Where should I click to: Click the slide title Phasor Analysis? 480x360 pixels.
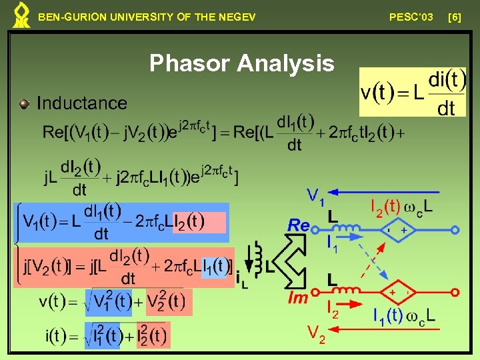pos(241,63)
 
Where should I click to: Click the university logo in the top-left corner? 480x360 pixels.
pos(21,15)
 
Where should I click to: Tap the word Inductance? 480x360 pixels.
pos(81,103)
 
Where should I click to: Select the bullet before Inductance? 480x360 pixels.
pos(25,103)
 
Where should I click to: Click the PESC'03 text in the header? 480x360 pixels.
pos(411,16)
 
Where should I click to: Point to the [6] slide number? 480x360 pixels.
pos(455,16)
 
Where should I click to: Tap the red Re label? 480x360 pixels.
pos(299,225)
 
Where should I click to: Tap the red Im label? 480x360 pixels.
pos(298,297)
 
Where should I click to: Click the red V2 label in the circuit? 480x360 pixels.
pos(316,333)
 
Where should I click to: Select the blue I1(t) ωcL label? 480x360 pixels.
pos(403,315)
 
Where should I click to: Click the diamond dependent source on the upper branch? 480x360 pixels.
pos(395,230)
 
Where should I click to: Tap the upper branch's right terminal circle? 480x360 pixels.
pos(455,230)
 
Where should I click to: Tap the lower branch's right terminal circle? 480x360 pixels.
pos(455,292)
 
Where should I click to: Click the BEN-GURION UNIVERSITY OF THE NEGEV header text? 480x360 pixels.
pos(147,17)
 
